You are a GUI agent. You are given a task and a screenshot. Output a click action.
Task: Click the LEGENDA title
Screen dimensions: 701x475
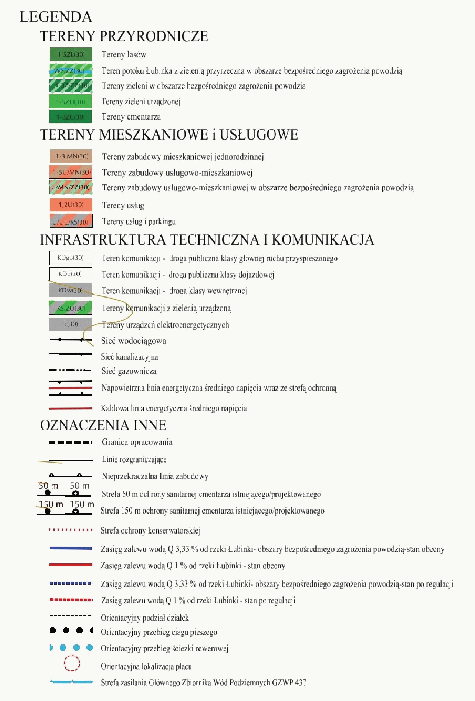tap(56, 17)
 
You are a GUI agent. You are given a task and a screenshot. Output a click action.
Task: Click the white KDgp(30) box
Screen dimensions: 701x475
tap(70, 258)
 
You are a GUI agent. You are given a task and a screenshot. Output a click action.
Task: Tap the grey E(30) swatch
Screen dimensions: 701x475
tap(70, 324)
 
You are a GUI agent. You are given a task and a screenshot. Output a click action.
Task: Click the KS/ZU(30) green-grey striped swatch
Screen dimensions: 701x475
tap(70, 308)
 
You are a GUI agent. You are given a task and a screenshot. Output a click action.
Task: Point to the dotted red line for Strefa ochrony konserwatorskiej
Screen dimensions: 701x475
tap(70, 530)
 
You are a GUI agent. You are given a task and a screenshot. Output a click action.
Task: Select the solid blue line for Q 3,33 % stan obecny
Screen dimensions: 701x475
tap(70, 548)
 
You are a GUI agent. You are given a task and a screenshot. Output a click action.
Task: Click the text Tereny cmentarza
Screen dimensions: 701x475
tap(131, 117)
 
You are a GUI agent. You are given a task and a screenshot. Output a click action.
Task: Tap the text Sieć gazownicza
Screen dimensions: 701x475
tap(129, 371)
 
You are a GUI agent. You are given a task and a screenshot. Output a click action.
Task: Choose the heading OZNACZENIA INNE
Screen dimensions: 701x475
tap(103, 425)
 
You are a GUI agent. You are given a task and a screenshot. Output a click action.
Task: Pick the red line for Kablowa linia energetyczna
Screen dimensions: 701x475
tap(70, 408)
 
